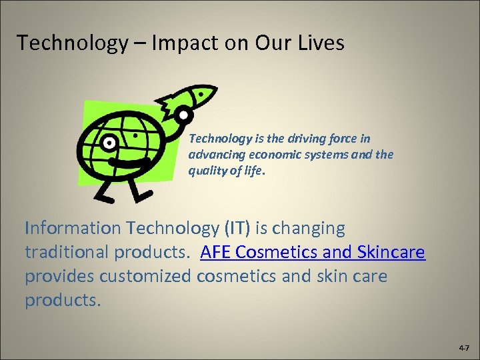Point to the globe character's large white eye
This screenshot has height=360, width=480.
[108, 142]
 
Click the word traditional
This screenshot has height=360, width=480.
[71, 253]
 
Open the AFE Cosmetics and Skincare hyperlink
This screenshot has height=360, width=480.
[312, 253]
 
